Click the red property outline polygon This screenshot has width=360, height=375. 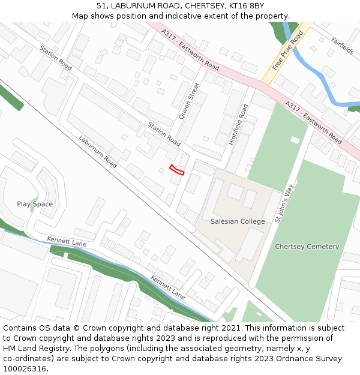pyautogui.click(x=176, y=170)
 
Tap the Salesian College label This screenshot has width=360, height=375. pyautogui.click(x=238, y=221)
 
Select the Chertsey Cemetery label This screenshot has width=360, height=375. pyautogui.click(x=307, y=247)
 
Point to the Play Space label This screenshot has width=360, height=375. pyautogui.click(x=35, y=204)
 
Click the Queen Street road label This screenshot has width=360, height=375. pyautogui.click(x=188, y=100)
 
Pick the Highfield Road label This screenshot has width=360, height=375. pyautogui.click(x=238, y=125)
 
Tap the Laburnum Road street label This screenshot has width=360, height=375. pyautogui.click(x=98, y=151)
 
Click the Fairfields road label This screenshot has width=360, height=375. pyautogui.click(x=343, y=46)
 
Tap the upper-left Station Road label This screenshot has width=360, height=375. pyautogui.click(x=56, y=58)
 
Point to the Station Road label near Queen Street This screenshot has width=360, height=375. pyautogui.click(x=164, y=134)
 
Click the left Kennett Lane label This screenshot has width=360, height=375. pyautogui.click(x=67, y=241)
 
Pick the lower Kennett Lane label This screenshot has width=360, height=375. pyautogui.click(x=167, y=288)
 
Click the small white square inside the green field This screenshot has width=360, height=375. pyautogui.click(x=295, y=140)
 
